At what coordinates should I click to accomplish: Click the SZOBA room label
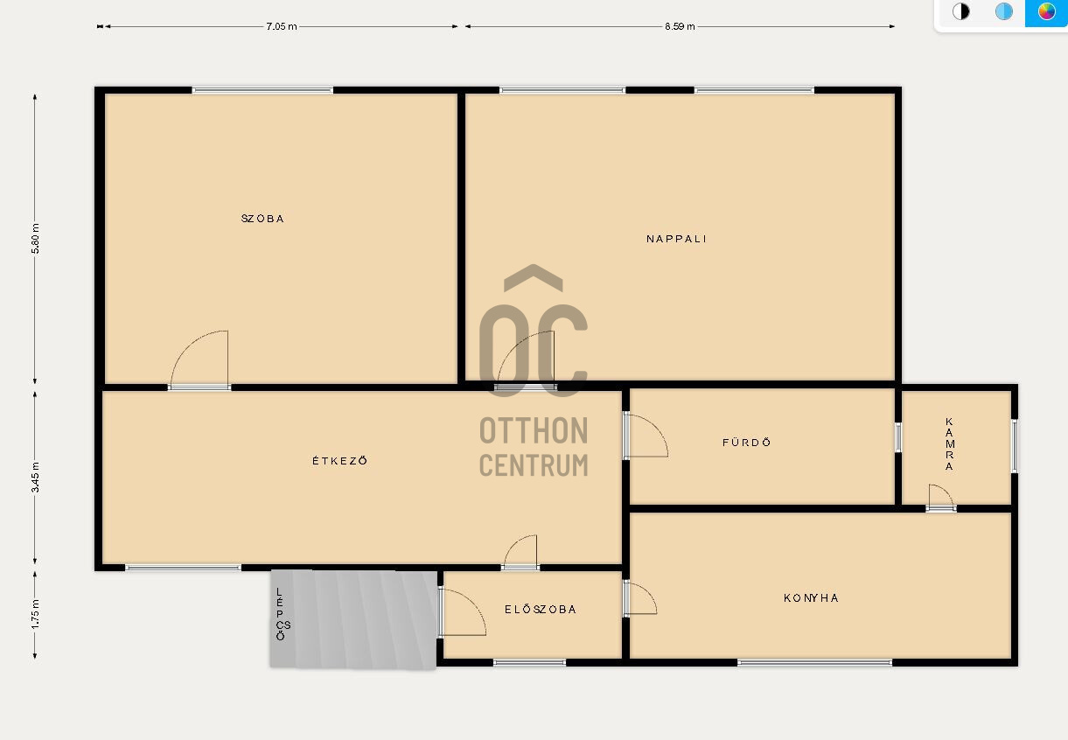[x=262, y=219]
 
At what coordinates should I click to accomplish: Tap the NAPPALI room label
[x=676, y=239]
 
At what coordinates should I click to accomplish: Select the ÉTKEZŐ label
[x=340, y=461]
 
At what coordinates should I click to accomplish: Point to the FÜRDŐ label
[x=747, y=442]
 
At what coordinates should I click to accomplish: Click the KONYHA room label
[x=811, y=598]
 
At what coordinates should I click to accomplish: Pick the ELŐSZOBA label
[x=541, y=609]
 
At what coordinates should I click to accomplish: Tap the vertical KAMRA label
[x=949, y=443]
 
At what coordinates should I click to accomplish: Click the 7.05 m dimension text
[x=282, y=26]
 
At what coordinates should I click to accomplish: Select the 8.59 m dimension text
[x=680, y=26]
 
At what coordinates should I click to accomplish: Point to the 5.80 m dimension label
[x=35, y=239]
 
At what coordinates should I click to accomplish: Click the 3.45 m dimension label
[x=35, y=477]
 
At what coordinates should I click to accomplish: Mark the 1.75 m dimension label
[x=35, y=614]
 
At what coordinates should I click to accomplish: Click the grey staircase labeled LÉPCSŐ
[x=353, y=619]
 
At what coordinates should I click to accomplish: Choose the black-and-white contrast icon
[x=960, y=11]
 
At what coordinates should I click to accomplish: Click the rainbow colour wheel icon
[x=1046, y=11]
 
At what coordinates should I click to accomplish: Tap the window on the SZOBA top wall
[x=262, y=90]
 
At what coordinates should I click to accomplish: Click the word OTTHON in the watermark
[x=534, y=430]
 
